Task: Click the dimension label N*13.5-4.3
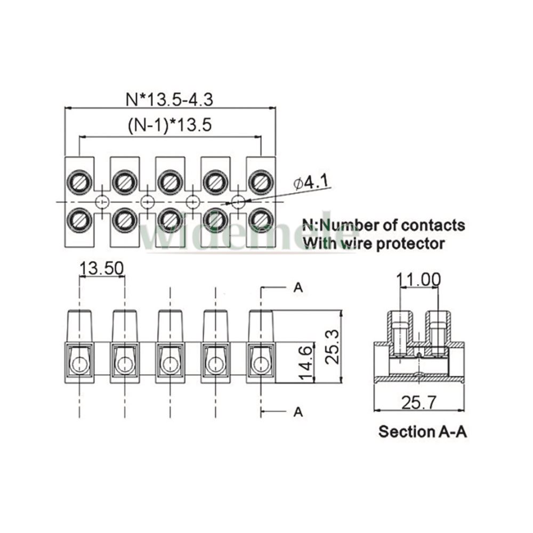tap(170, 99)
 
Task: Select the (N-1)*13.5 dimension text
tap(170, 126)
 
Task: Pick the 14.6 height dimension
tap(306, 362)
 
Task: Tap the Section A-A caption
tap(422, 431)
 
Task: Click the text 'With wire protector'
tap(373, 244)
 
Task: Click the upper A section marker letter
tap(298, 288)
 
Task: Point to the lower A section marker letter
tap(298, 411)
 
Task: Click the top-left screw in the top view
tap(79, 182)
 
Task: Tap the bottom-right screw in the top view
tap(261, 219)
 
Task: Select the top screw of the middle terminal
tap(170, 182)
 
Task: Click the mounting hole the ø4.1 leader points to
tap(238, 202)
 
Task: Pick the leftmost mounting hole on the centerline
tap(102, 202)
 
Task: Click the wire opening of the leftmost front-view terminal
tap(79, 364)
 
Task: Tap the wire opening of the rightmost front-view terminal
tap(261, 364)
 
